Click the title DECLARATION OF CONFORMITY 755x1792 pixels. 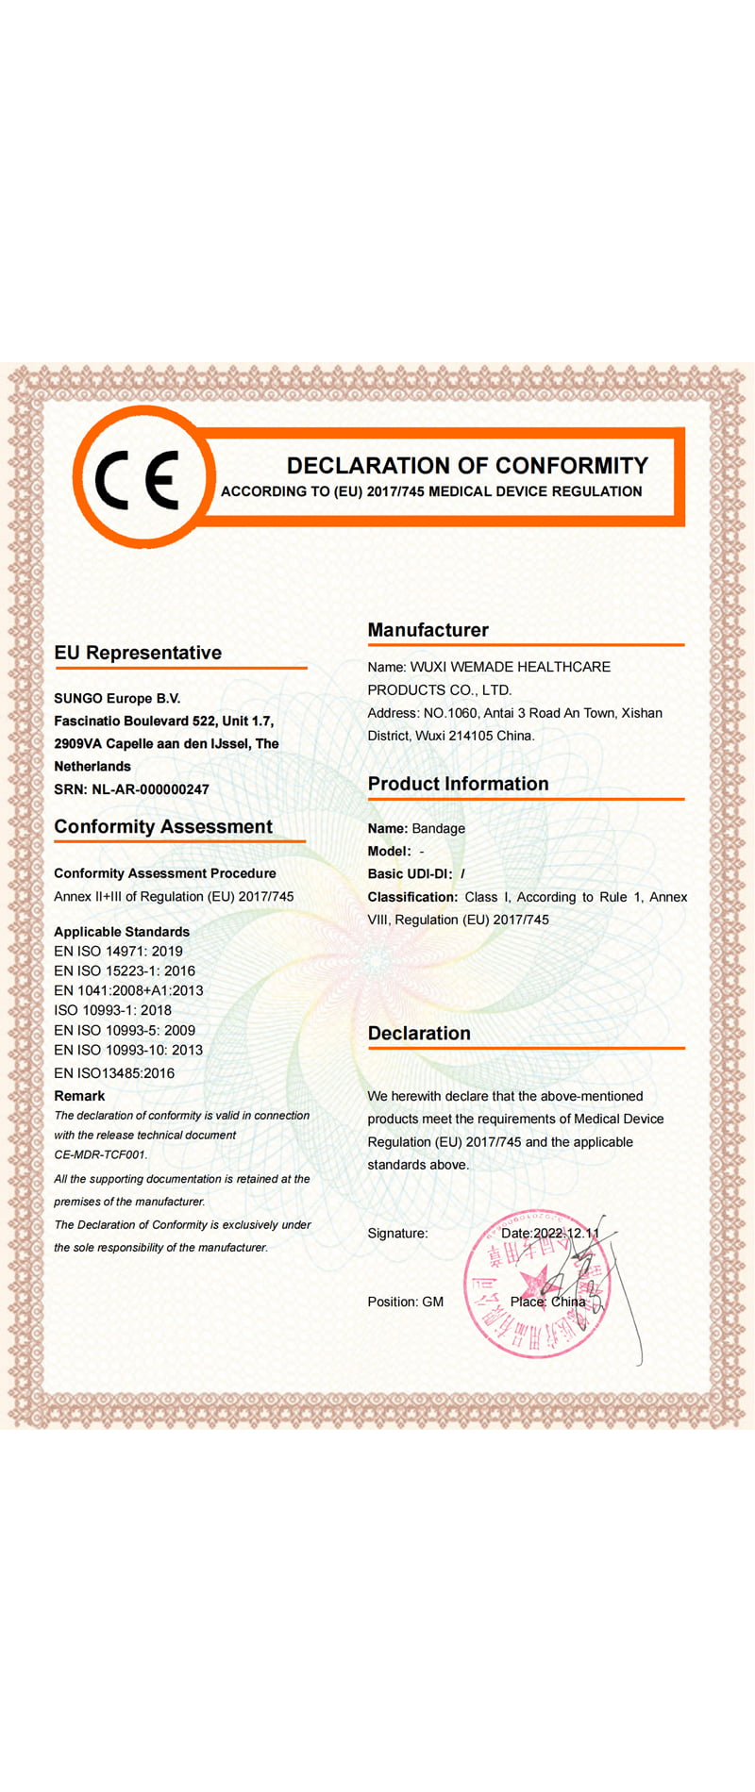[467, 466]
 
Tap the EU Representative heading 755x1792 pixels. [138, 653]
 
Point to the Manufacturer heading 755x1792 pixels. [428, 630]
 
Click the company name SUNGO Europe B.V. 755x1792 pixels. [117, 699]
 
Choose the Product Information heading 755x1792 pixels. [458, 784]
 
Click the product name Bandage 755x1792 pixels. [439, 829]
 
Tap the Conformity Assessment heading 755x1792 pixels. [163, 827]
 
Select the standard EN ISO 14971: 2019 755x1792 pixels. [118, 952]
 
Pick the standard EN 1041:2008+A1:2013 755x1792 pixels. [128, 991]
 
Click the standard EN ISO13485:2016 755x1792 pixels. [114, 1073]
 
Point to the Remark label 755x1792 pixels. [79, 1096]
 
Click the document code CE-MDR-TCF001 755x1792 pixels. [100, 1154]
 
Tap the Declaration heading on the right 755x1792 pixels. [419, 1034]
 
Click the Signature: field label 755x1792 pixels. [397, 1234]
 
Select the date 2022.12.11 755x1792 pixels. [565, 1234]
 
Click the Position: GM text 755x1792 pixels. [405, 1303]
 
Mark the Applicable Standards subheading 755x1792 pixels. [122, 932]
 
